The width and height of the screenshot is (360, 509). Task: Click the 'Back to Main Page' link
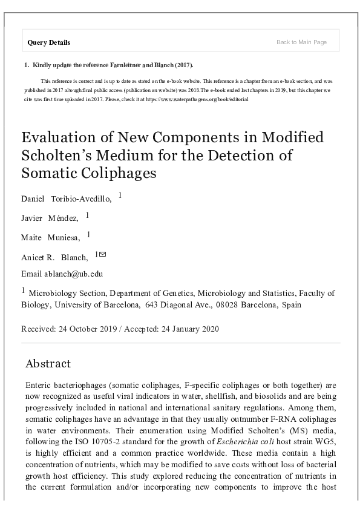click(301, 42)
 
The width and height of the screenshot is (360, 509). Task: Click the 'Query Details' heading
click(49, 42)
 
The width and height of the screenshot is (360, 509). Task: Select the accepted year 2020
click(206, 329)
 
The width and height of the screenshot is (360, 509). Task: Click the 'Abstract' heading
click(48, 363)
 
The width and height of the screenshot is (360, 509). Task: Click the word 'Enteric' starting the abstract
click(39, 385)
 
